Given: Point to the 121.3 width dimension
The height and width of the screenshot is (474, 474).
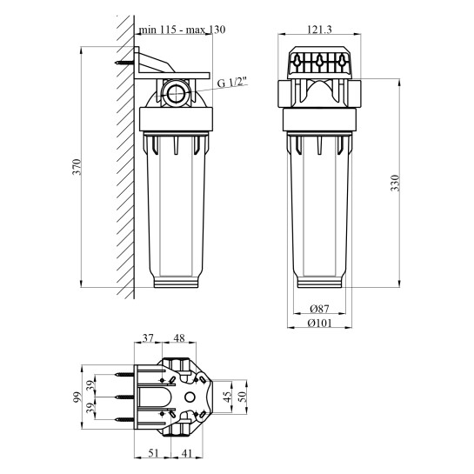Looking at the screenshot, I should [x=321, y=30].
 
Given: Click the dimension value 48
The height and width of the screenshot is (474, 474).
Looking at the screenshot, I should [x=178, y=339].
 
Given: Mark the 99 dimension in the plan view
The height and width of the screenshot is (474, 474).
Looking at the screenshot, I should [x=77, y=397].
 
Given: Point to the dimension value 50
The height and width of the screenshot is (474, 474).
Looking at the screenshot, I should [x=244, y=397].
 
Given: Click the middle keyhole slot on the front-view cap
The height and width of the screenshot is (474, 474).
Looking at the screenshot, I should [x=321, y=63].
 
